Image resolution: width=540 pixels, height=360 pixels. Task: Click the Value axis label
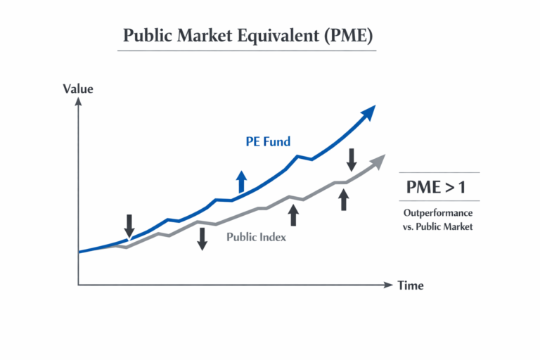(x=78, y=89)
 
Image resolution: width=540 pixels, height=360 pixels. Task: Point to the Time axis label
(x=411, y=285)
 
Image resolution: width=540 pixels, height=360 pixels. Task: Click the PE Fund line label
(x=268, y=142)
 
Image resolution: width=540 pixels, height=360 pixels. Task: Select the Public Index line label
(x=256, y=237)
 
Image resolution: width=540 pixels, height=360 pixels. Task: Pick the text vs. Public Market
(x=438, y=226)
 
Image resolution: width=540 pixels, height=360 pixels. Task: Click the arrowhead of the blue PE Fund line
(x=368, y=112)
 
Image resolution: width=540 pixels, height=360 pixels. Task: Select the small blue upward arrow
(x=242, y=181)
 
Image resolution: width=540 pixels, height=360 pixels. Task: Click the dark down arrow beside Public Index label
(x=202, y=238)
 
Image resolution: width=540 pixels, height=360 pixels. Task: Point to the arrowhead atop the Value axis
(x=79, y=103)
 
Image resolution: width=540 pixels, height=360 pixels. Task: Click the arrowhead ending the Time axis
(x=388, y=285)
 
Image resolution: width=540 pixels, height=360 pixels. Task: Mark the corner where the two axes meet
(x=79, y=285)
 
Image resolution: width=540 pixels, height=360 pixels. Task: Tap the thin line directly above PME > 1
(x=439, y=172)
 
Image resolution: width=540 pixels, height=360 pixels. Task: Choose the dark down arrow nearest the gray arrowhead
(x=352, y=159)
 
